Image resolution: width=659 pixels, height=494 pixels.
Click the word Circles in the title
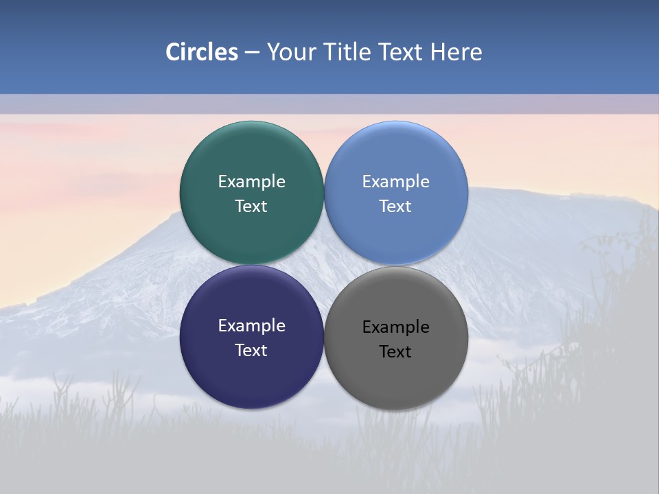click(x=201, y=52)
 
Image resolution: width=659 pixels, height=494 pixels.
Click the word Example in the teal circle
click(x=251, y=182)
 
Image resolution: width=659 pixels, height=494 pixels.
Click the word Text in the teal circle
click(x=251, y=207)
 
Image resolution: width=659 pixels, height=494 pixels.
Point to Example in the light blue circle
click(x=396, y=182)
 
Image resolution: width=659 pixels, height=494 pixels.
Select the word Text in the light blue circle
click(x=396, y=207)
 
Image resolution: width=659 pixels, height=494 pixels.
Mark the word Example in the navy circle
click(x=251, y=326)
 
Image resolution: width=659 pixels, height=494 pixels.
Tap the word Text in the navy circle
click(x=251, y=351)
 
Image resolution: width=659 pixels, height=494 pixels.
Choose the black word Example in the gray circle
click(x=396, y=327)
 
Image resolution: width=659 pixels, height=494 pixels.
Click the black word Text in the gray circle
click(x=396, y=352)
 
